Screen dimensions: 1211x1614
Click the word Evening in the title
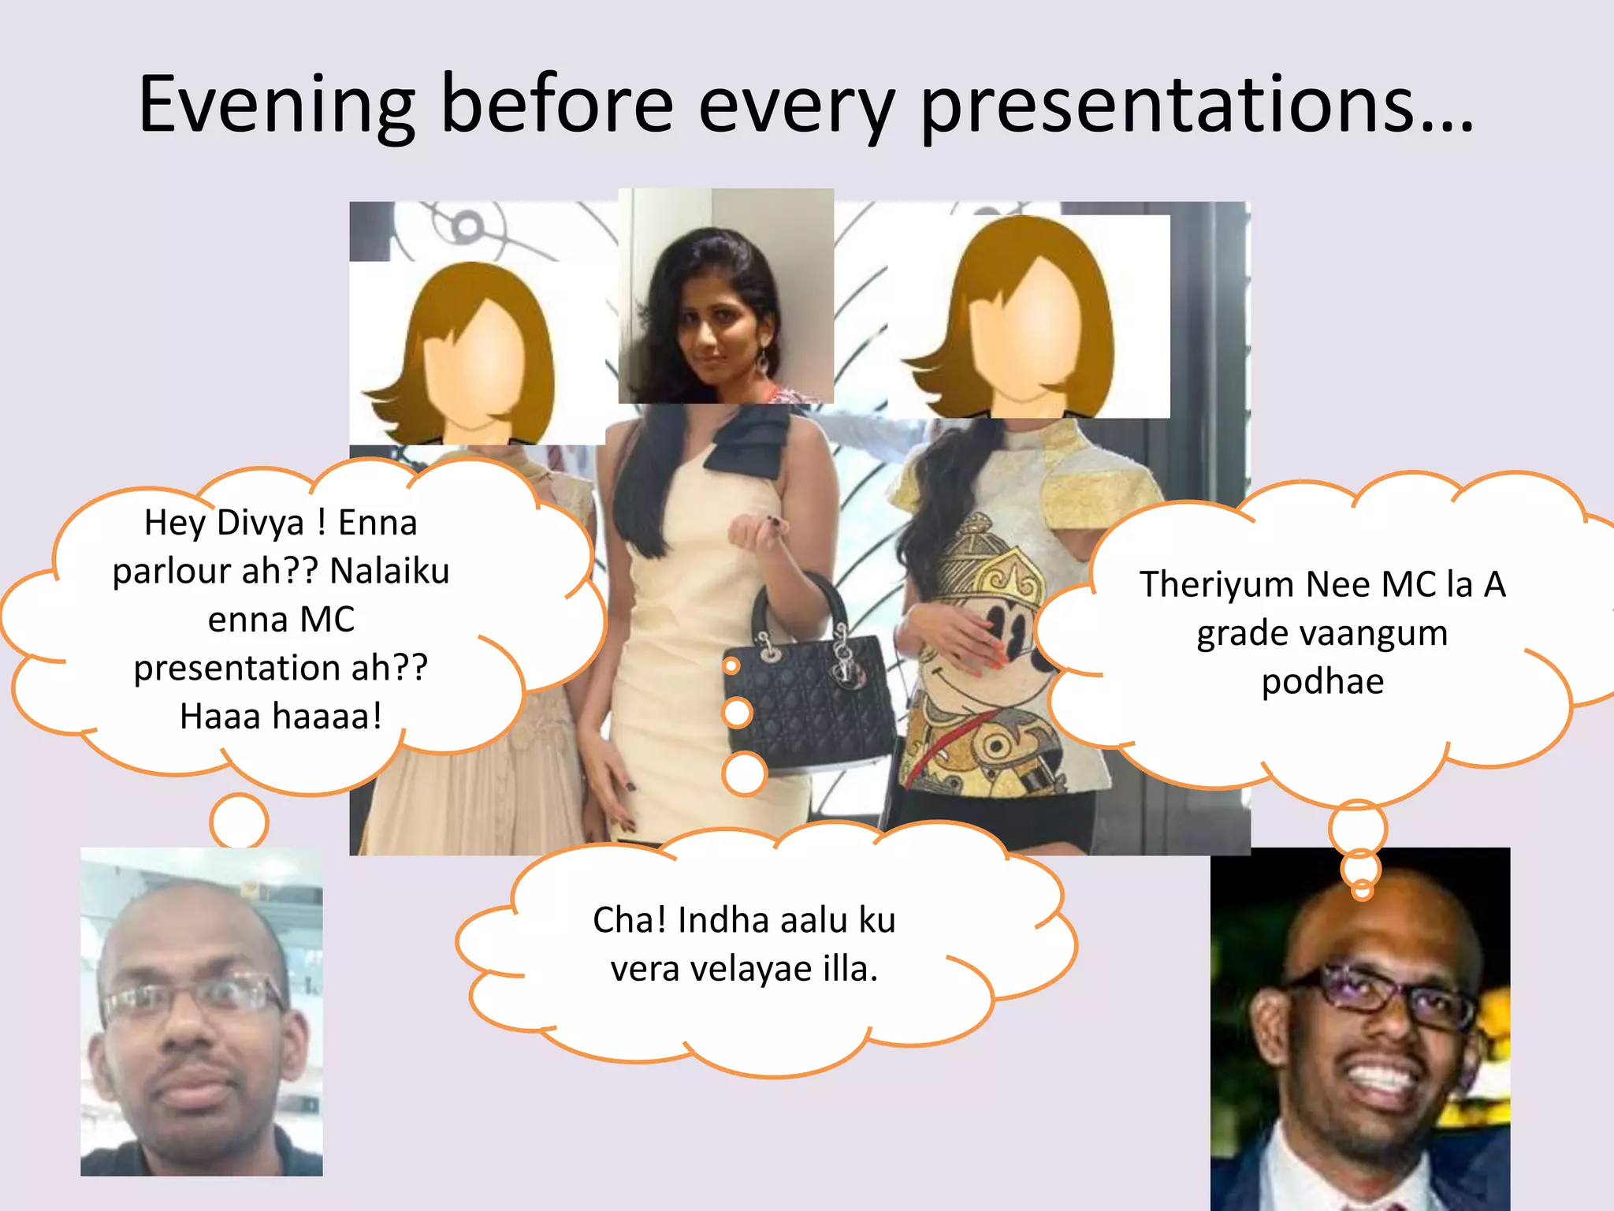[x=276, y=105]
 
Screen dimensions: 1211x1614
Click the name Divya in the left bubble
[x=259, y=523]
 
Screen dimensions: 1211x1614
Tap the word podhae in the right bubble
[x=1322, y=681]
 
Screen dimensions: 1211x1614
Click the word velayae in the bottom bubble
[x=752, y=969]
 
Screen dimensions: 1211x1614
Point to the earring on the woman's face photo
[x=763, y=361]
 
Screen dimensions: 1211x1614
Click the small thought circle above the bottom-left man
[x=239, y=822]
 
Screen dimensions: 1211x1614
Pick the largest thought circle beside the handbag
[x=744, y=773]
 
